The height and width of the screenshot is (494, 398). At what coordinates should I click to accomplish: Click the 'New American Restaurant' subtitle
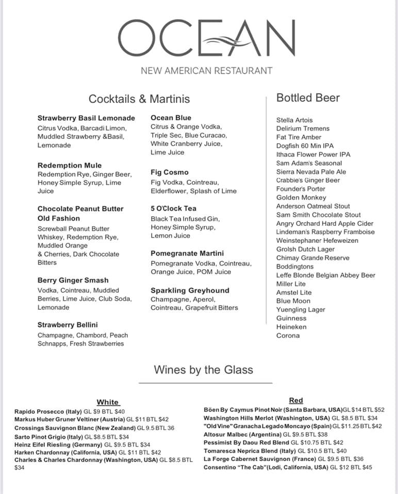click(206, 70)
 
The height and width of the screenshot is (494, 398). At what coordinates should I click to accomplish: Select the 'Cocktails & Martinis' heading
click(139, 99)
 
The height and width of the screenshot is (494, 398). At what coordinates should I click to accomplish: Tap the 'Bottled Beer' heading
click(308, 98)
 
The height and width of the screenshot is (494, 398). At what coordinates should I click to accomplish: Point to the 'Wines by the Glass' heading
click(203, 369)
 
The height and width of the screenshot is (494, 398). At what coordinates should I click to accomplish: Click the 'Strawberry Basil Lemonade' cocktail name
click(86, 118)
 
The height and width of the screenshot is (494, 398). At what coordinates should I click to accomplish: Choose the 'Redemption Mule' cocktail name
click(70, 165)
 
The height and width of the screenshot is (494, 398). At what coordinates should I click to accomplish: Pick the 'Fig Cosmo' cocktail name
click(170, 172)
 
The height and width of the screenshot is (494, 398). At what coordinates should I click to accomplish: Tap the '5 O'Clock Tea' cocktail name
click(174, 208)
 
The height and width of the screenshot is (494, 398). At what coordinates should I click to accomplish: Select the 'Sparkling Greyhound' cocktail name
click(190, 290)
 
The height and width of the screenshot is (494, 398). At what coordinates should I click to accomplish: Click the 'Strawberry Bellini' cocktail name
click(68, 325)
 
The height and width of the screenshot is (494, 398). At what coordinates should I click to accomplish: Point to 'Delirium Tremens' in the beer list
click(303, 129)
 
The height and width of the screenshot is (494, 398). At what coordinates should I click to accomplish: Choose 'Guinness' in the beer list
click(291, 318)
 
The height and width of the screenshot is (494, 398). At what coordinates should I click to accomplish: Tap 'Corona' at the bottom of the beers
click(288, 336)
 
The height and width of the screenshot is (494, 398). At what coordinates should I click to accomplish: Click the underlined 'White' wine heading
click(108, 402)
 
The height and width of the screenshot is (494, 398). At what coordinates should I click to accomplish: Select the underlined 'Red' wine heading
click(296, 400)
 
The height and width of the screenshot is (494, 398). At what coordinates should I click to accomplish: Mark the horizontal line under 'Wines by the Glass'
click(205, 383)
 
